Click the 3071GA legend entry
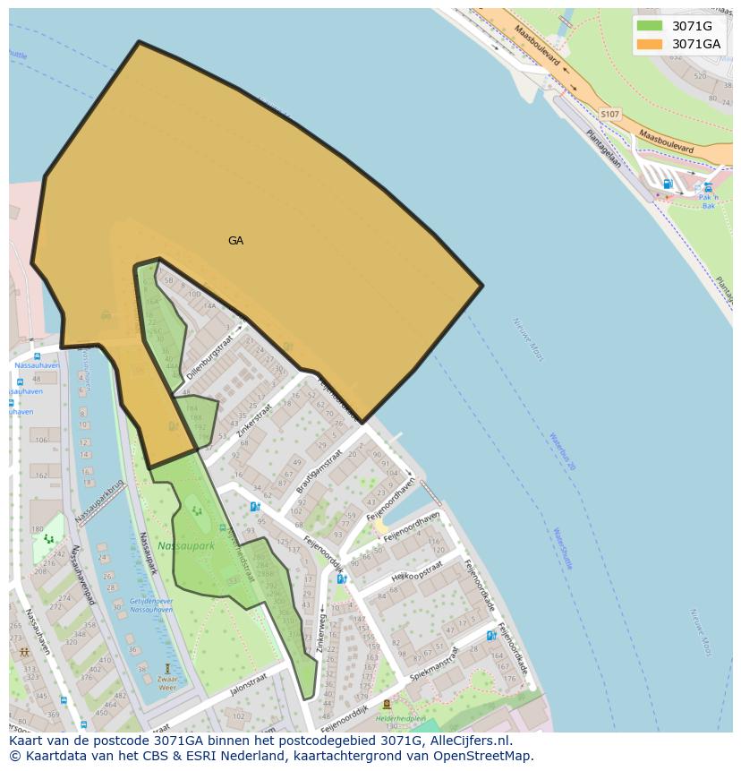point(695,44)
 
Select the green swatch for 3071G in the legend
point(649,26)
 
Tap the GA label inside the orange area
point(235,241)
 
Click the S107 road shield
point(609,115)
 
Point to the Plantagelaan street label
point(603,148)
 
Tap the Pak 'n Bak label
point(709,202)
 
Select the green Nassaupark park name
point(186,545)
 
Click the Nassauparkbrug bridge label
point(98,505)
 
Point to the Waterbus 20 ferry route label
point(561,451)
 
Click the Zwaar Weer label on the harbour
point(167,683)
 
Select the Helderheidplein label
point(399,717)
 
